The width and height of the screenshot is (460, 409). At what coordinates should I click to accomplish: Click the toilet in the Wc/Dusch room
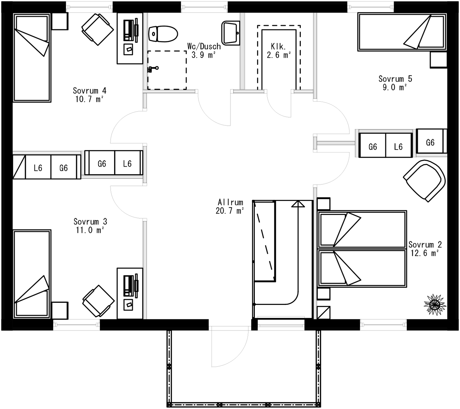point(163,34)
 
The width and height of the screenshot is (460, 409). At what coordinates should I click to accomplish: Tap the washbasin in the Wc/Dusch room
point(230,33)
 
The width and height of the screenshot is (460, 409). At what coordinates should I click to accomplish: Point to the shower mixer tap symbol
point(153,69)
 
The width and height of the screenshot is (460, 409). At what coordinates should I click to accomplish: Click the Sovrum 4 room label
point(90,91)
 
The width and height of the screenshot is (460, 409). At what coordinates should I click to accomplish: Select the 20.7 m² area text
point(230,211)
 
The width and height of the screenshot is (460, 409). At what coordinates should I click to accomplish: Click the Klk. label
point(278,47)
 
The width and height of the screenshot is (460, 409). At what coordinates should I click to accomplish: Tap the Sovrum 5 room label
point(395,79)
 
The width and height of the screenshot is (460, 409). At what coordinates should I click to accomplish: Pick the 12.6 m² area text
point(424,253)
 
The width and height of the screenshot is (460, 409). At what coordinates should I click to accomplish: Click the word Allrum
point(230,202)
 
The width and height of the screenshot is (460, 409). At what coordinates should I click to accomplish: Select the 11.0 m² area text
point(90,230)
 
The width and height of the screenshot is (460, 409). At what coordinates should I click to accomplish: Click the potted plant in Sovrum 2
point(434,304)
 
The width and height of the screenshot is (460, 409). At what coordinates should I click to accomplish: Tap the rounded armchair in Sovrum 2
point(425,180)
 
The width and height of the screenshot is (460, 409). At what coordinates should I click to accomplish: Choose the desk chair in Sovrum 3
point(98,301)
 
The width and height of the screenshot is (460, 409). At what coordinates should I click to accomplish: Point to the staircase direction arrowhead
point(298,204)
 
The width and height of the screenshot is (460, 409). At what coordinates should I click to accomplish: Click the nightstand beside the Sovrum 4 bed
point(60,21)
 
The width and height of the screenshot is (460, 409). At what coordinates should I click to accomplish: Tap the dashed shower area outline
point(167,70)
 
